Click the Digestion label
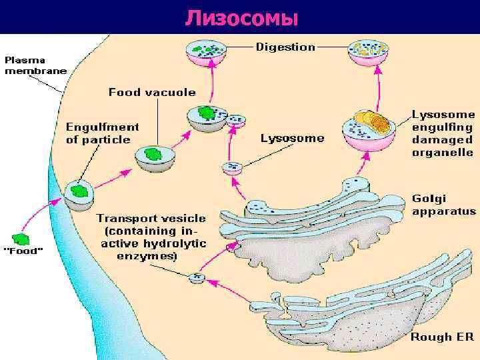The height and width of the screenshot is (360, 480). click(285, 47)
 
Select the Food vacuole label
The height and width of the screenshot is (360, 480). click(152, 92)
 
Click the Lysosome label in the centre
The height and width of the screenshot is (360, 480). click(292, 139)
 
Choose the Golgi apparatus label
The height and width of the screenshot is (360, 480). click(443, 205)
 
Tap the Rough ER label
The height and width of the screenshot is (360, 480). click(441, 337)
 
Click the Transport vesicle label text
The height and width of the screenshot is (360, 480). click(151, 237)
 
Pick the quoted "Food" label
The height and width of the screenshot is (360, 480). click(25, 251)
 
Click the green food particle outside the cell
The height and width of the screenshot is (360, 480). click(22, 238)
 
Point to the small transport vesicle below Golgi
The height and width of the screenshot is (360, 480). click(197, 278)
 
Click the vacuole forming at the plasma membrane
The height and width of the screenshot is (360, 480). click(79, 194)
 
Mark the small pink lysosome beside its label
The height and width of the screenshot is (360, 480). click(232, 168)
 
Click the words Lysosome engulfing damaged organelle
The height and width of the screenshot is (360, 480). click(443, 133)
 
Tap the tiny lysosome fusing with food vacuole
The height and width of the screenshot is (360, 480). click(236, 121)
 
